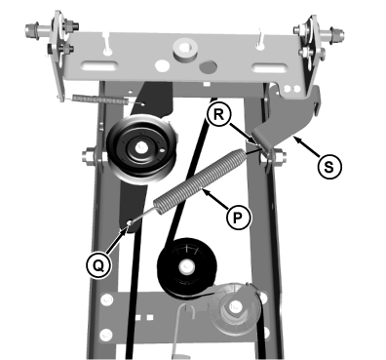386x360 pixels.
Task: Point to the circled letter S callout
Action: pyautogui.click(x=330, y=166)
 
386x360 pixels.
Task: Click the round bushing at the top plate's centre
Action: pyautogui.click(x=183, y=45)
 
